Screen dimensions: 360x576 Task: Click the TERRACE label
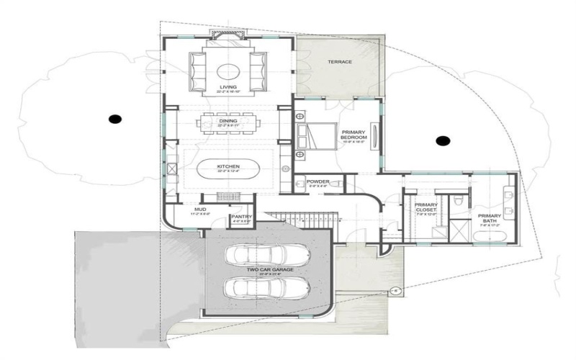(340, 62)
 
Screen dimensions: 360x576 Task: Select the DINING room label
(228, 121)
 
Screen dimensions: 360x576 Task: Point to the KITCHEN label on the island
(228, 166)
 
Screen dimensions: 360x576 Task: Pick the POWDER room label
(318, 181)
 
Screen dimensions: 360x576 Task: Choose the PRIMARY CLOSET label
(426, 208)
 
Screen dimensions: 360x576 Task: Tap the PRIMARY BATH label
(490, 219)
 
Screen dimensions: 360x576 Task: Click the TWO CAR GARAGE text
(269, 271)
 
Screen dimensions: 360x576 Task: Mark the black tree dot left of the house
(114, 118)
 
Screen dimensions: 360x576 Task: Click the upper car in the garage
(266, 256)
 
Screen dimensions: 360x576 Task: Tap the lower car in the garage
(266, 287)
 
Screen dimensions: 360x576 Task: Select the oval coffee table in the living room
(228, 70)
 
